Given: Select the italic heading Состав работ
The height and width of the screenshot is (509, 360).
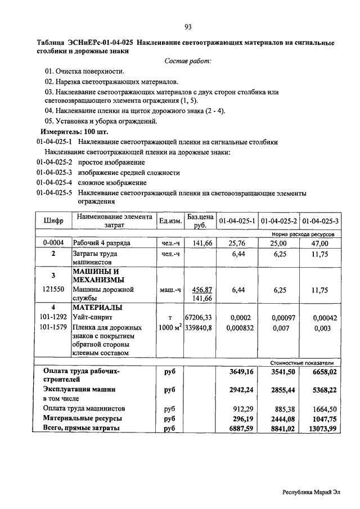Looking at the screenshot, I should [188, 61].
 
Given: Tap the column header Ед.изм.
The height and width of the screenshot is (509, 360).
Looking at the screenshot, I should [170, 220].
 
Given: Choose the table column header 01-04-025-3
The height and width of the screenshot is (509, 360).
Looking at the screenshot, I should [320, 220].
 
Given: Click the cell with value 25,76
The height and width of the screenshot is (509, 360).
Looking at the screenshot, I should [238, 243].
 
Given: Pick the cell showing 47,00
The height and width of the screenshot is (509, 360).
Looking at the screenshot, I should [320, 243].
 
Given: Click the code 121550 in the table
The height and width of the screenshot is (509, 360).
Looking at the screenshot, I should [53, 290].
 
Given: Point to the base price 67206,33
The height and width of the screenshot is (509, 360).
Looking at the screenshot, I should [198, 318].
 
